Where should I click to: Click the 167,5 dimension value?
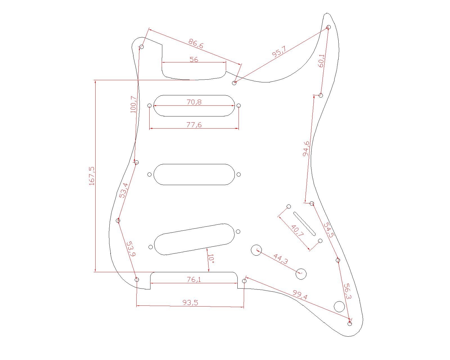click(x=92, y=176)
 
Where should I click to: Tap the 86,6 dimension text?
click(x=196, y=44)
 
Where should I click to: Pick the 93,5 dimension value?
click(x=190, y=302)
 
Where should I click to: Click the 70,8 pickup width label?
click(x=194, y=102)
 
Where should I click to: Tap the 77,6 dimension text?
click(x=194, y=125)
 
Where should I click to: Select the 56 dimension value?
click(x=194, y=59)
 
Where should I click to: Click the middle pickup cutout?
click(x=194, y=174)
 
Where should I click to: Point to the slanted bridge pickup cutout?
click(x=194, y=239)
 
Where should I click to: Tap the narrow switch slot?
click(x=304, y=224)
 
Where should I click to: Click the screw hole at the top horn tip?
click(x=328, y=27)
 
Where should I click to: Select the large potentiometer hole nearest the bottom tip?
click(x=339, y=307)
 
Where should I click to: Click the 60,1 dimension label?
click(x=321, y=61)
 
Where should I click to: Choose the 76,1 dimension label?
click(x=194, y=279)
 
